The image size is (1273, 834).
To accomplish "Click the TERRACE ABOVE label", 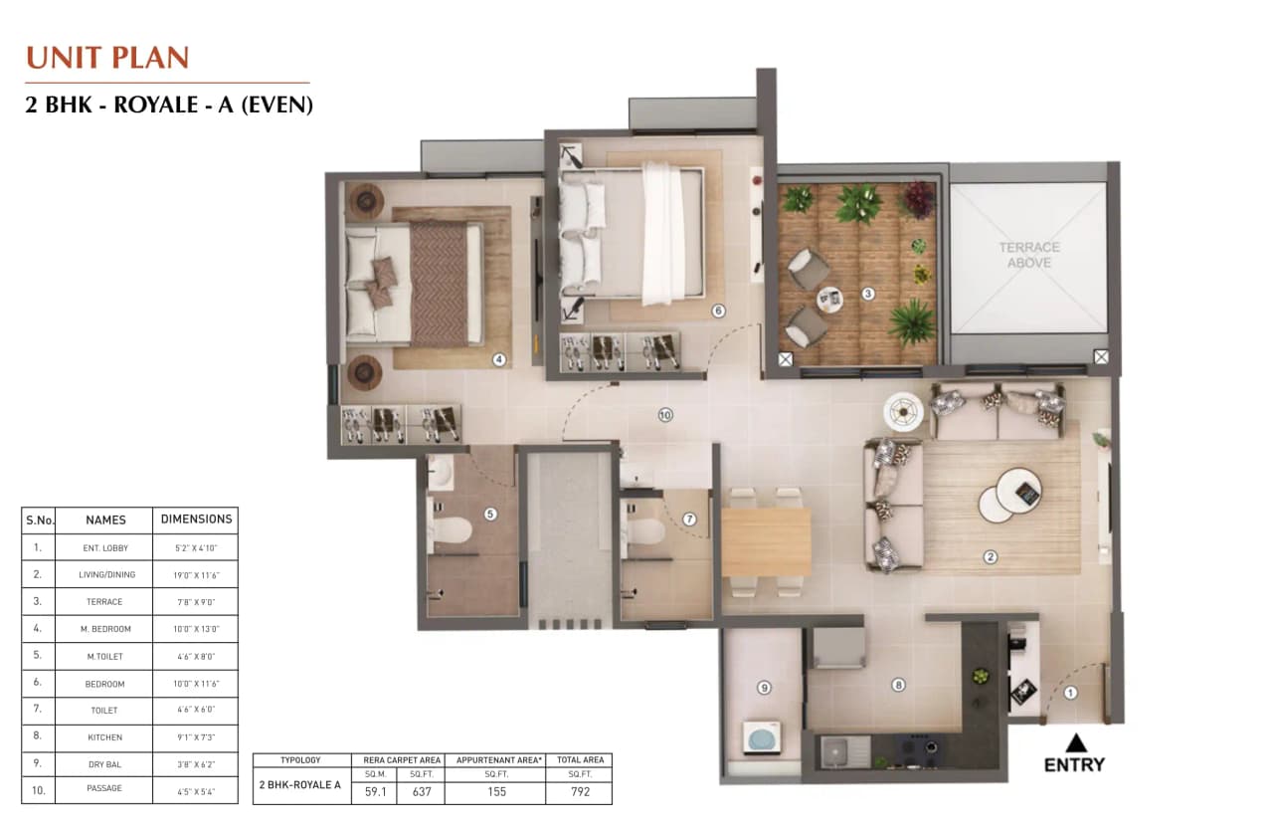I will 1028,255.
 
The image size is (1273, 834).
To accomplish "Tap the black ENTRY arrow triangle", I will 1075,742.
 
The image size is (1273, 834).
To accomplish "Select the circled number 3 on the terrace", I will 868,294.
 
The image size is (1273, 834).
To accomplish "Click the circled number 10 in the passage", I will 665,415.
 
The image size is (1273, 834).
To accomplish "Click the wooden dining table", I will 766,542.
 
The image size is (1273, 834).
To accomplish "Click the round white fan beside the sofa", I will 904,409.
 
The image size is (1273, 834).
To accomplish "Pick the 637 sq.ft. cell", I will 420,792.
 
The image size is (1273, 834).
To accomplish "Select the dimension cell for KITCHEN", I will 196,737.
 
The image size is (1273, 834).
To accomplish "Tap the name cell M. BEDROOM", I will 104,629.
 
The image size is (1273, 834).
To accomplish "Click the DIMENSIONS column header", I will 196,520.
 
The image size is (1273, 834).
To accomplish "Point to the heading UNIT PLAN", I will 107,58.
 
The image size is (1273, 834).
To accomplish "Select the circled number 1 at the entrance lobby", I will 1071,693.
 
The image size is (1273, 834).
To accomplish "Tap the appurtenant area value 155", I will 496,792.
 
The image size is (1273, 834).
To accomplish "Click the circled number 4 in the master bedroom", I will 499,359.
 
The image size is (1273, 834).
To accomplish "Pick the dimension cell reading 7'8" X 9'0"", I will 196,602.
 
